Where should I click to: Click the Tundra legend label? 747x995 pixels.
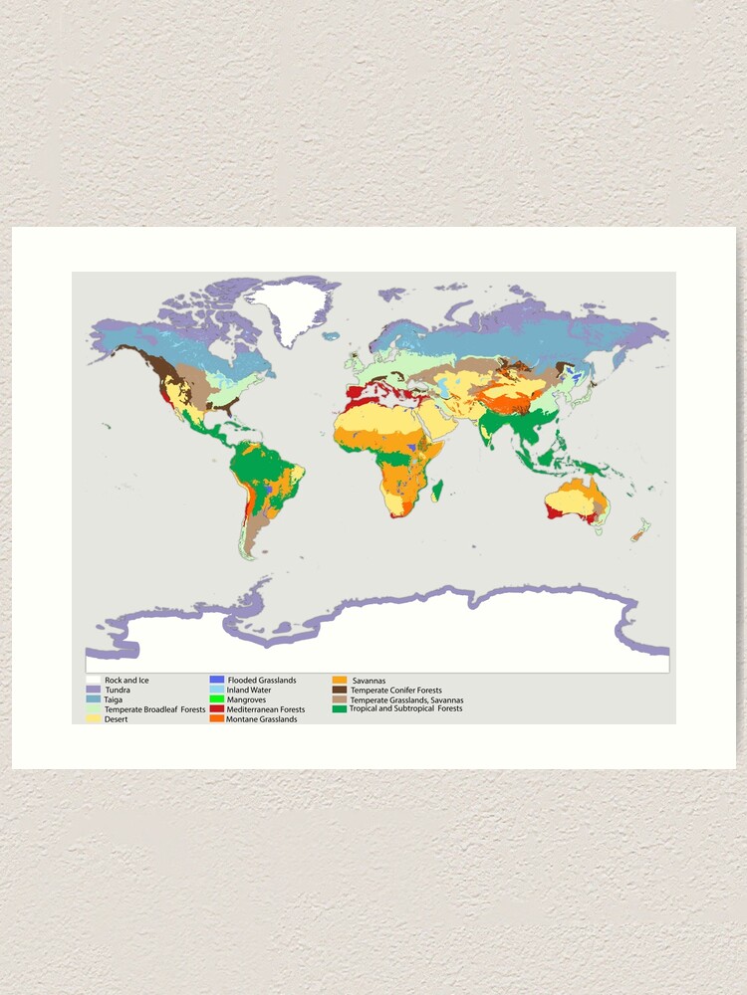(118, 690)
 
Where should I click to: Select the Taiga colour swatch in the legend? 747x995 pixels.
(93, 699)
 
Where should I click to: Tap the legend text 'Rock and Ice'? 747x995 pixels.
(126, 680)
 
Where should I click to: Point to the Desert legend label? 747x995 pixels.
(117, 718)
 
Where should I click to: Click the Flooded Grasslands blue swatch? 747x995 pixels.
(216, 680)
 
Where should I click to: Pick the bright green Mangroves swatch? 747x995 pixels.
(216, 699)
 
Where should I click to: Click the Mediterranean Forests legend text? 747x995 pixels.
(266, 709)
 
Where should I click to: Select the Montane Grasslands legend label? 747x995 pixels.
(262, 718)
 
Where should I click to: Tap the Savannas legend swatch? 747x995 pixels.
(340, 681)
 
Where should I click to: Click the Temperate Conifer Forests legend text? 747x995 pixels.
(395, 690)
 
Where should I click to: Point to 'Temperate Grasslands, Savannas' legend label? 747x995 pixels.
(406, 699)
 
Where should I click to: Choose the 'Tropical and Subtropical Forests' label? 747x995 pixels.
(405, 709)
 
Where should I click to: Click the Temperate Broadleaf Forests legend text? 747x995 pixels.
(154, 709)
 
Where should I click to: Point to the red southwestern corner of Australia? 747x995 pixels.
(551, 511)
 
